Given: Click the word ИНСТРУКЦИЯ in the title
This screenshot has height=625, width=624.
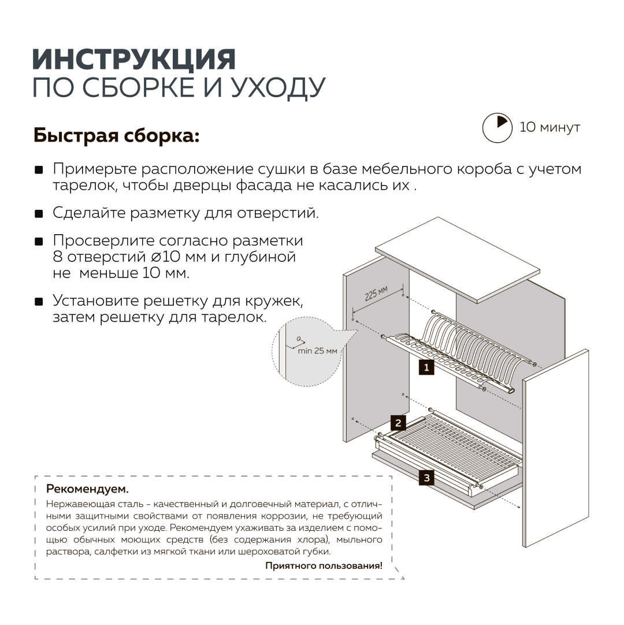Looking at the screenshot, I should pyautogui.click(x=134, y=60).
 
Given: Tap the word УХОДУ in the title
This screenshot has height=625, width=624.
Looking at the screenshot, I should pyautogui.click(x=278, y=87).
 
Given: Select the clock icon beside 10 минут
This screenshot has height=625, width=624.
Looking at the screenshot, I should pyautogui.click(x=497, y=127).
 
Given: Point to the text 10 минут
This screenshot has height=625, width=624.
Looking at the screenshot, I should pyautogui.click(x=549, y=127).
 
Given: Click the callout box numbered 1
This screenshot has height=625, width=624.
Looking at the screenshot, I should pyautogui.click(x=426, y=367).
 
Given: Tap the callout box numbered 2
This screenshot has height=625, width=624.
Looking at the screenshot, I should pyautogui.click(x=398, y=423).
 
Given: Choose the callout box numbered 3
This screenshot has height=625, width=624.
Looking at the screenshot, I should pyautogui.click(x=426, y=478).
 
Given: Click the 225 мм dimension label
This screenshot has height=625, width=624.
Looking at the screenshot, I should pyautogui.click(x=376, y=294).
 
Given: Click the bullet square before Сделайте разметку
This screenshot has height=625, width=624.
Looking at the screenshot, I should pyautogui.click(x=39, y=214).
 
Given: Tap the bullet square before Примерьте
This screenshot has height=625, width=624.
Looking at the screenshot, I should pyautogui.click(x=39, y=170).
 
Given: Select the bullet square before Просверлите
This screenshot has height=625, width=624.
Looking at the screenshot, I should pyautogui.click(x=39, y=241).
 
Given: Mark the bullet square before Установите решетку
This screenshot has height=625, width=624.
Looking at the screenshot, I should pyautogui.click(x=39, y=302).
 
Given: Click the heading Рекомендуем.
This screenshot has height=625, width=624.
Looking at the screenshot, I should pyautogui.click(x=87, y=489).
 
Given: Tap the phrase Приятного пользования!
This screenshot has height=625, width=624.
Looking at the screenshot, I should pyautogui.click(x=324, y=565).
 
